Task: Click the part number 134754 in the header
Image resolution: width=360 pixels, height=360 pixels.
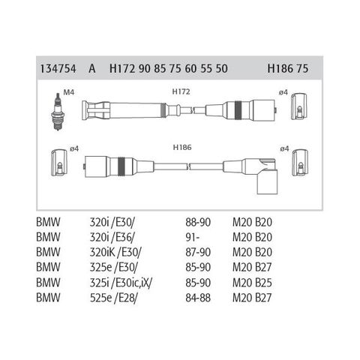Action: click(58, 68)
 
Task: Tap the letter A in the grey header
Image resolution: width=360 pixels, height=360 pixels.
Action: click(91, 68)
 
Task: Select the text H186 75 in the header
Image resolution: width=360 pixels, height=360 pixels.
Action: click(288, 68)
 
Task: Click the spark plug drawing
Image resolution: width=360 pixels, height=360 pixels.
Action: click(58, 112)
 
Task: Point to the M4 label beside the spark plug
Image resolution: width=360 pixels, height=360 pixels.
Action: click(69, 92)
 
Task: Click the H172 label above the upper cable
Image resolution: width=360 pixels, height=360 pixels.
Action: click(181, 91)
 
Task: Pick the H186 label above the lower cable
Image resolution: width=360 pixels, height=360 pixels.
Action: click(182, 147)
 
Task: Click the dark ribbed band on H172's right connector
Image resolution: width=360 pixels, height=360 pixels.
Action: click(238, 109)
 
